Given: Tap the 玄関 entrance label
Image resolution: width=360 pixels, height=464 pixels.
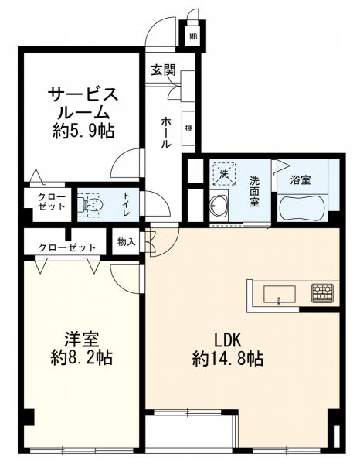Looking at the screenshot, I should (x=163, y=70).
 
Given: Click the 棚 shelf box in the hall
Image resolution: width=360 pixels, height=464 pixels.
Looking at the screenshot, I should (x=188, y=128).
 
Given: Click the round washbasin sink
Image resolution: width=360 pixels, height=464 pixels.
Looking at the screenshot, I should (x=219, y=206).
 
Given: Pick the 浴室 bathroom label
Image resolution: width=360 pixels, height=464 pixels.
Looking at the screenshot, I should (x=300, y=179).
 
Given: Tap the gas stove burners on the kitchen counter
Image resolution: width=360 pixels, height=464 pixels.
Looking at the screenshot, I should (x=322, y=293).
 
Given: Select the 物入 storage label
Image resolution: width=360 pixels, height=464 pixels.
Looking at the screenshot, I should (x=126, y=243).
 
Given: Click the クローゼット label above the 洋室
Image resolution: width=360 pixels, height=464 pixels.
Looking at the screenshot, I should (x=68, y=247).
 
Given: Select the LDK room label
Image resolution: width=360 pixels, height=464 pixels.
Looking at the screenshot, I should (x=229, y=339).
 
